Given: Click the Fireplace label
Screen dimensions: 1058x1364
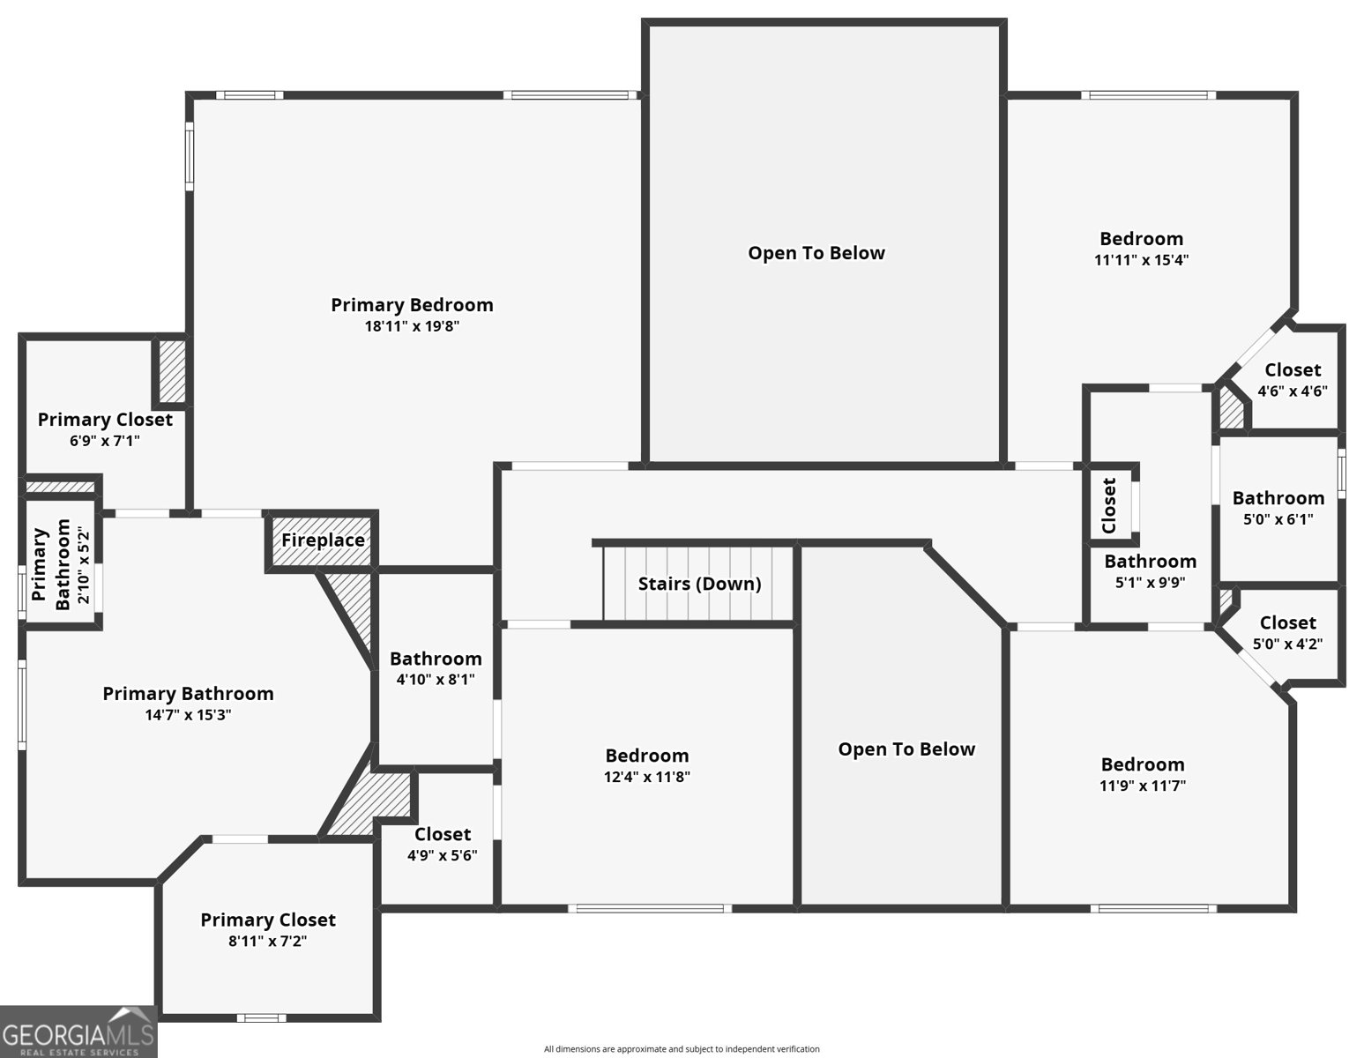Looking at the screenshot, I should pyautogui.click(x=323, y=540).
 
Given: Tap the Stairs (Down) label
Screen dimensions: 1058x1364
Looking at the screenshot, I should pyautogui.click(x=699, y=584).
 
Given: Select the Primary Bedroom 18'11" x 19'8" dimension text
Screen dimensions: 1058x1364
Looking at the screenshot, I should pyautogui.click(x=413, y=326).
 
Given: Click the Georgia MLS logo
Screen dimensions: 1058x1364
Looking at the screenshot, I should pyautogui.click(x=78, y=1032).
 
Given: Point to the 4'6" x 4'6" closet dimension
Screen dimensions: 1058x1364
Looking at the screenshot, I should pyautogui.click(x=1292, y=391).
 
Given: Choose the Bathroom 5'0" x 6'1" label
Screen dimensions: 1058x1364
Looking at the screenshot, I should pyautogui.click(x=1278, y=498).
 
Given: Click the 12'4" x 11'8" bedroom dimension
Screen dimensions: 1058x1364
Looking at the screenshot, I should pyautogui.click(x=646, y=777).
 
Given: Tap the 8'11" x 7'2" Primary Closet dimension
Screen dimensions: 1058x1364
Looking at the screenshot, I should pyautogui.click(x=267, y=941).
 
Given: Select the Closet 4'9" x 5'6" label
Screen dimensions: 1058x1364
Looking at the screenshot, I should pyautogui.click(x=442, y=834).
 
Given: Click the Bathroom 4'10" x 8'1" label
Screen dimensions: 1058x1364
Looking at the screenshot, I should pyautogui.click(x=436, y=659).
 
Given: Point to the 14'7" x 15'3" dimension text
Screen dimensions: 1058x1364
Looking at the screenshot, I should pyautogui.click(x=188, y=715).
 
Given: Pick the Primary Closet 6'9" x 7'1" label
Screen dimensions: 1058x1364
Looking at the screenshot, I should pyautogui.click(x=105, y=420).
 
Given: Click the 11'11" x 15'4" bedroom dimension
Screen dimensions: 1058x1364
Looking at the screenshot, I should pyautogui.click(x=1141, y=260).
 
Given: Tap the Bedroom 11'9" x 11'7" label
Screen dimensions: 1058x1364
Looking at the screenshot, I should pyautogui.click(x=1142, y=764).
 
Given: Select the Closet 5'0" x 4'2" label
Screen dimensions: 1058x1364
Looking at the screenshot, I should pyautogui.click(x=1287, y=623).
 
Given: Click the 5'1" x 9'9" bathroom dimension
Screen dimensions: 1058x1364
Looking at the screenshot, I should pyautogui.click(x=1150, y=582).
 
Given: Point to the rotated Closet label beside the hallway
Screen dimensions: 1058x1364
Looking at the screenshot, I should pyautogui.click(x=1109, y=505).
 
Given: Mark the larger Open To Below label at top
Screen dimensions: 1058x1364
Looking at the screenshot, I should pyautogui.click(x=816, y=253).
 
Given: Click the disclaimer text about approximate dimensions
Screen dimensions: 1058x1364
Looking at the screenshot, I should pyautogui.click(x=682, y=1049).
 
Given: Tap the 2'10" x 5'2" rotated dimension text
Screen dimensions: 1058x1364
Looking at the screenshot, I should pyautogui.click(x=83, y=565).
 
